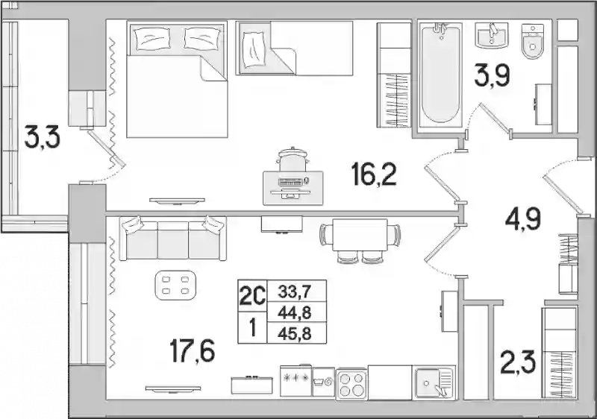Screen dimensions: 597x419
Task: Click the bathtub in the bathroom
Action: [440, 75]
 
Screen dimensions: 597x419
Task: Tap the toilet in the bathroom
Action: [533, 42]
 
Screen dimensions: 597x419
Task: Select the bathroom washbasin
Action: [491, 35]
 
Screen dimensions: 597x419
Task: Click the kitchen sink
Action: [435, 383]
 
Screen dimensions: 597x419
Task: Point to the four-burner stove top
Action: [351, 384]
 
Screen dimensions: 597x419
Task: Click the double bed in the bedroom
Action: [177, 79]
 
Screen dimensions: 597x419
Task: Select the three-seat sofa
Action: [173, 238]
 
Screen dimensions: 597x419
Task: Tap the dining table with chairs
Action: [360, 240]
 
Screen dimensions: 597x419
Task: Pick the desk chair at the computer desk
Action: [293, 160]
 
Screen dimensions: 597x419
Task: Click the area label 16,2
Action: [375, 176]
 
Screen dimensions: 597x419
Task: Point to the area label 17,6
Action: [193, 351]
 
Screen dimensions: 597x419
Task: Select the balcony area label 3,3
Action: [42, 138]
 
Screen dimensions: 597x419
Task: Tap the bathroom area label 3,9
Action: [492, 77]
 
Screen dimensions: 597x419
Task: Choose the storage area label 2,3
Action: [518, 362]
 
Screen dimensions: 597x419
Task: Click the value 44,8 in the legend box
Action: [295, 313]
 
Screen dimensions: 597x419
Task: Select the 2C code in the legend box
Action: [251, 295]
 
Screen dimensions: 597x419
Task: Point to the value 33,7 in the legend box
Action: [295, 292]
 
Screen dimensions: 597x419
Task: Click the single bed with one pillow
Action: [294, 48]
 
